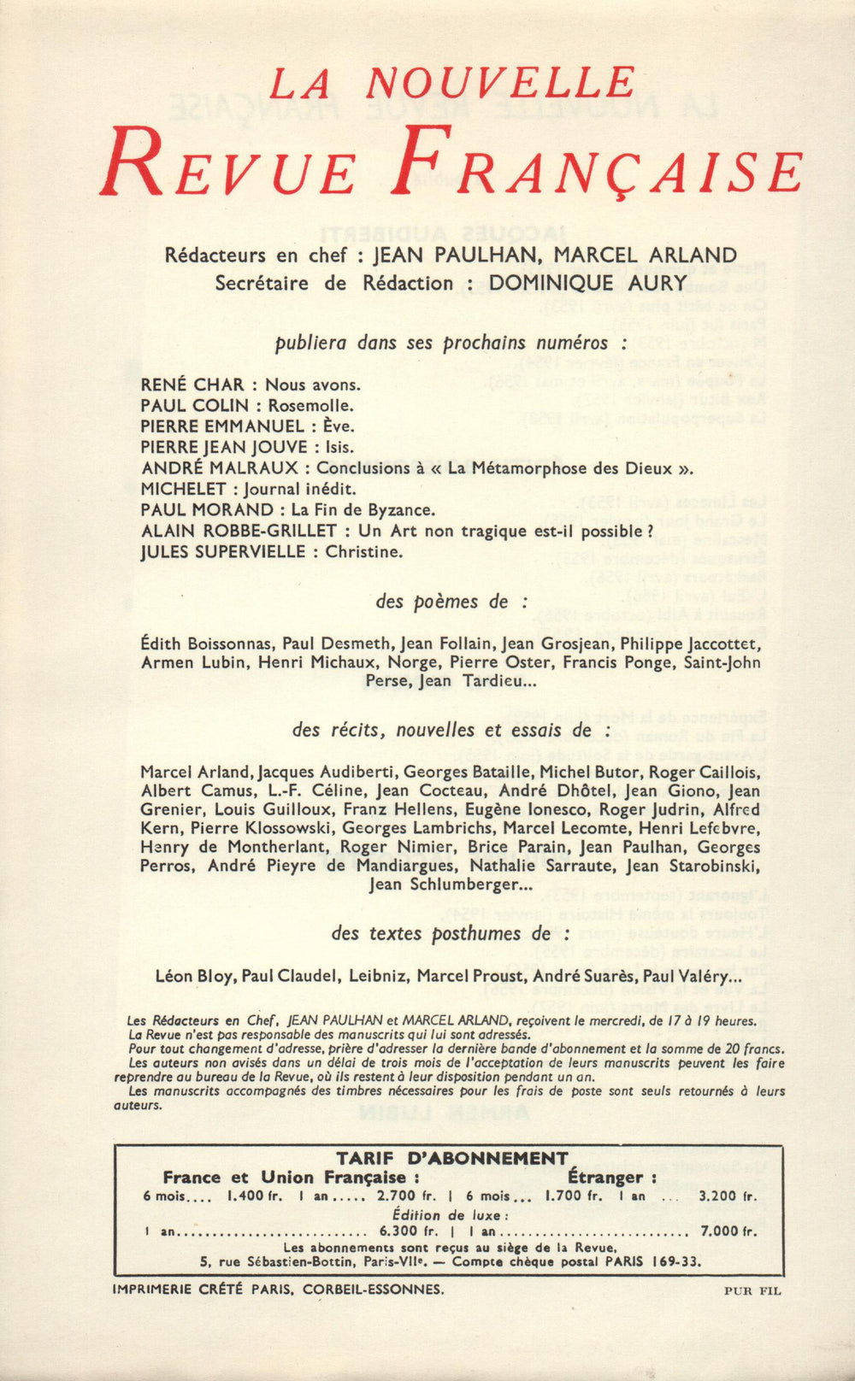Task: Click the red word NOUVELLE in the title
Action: click(x=500, y=83)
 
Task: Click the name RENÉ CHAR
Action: click(x=192, y=385)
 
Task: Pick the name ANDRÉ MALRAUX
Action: click(x=220, y=467)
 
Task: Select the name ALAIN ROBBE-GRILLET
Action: click(x=239, y=531)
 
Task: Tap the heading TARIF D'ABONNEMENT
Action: click(x=451, y=1159)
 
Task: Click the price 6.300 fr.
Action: click(x=408, y=1231)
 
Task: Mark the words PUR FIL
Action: click(x=752, y=1291)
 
